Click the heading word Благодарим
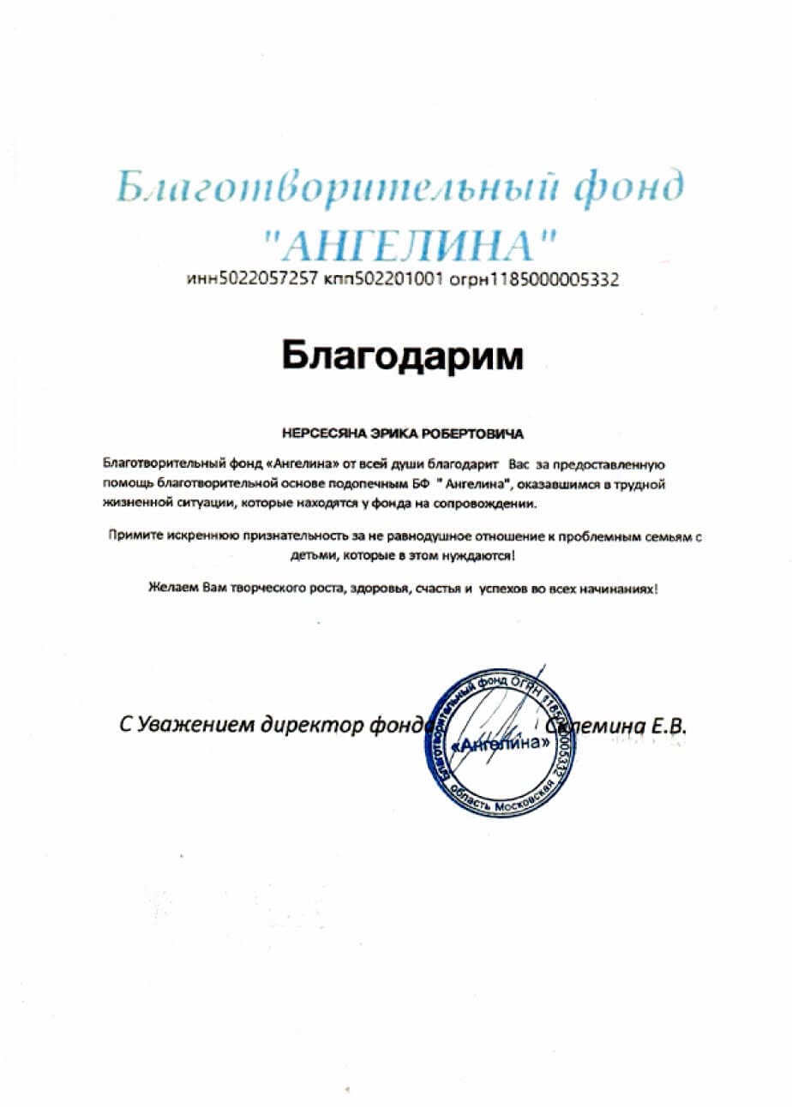402,355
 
